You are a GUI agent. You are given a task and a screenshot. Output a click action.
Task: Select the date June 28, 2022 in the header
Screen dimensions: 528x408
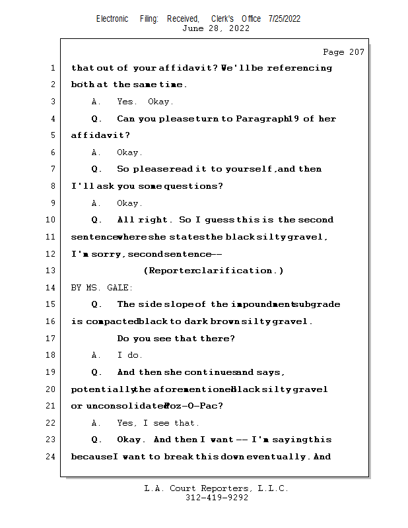click(216, 28)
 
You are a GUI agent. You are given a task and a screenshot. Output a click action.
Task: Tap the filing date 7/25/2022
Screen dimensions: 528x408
click(284, 18)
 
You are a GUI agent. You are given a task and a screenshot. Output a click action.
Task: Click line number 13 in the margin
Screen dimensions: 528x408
click(51, 271)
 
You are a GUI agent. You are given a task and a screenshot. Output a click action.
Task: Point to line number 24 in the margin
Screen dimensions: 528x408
click(51, 457)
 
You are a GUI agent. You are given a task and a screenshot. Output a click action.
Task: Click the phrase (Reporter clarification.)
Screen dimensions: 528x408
click(213, 271)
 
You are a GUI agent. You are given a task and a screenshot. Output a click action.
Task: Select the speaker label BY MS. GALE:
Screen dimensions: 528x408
click(102, 288)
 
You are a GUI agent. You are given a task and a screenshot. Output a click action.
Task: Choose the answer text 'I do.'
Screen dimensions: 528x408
click(130, 355)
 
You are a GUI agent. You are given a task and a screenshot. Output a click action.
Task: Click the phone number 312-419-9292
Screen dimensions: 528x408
click(217, 498)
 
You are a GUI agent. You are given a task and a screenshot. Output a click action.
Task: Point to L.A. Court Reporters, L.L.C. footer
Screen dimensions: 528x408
click(216, 488)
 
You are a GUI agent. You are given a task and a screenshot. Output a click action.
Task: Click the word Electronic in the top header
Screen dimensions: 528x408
click(112, 18)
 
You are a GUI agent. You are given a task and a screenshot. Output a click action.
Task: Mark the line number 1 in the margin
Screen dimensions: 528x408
click(51, 68)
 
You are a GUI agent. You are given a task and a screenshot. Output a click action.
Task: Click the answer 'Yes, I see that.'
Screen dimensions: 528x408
click(158, 423)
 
